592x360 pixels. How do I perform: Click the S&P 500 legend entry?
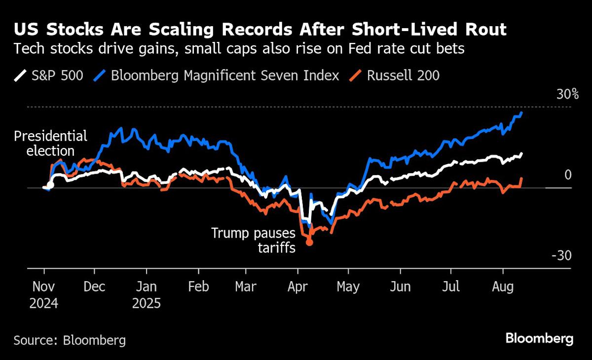[48, 75]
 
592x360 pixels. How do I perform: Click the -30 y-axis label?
[561, 256]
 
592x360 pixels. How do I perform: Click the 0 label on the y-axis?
[567, 175]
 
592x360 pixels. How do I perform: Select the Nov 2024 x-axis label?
[43, 294]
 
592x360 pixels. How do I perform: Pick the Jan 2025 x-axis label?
[146, 294]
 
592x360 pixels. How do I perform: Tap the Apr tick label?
[297, 287]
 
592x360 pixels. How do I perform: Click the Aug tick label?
[503, 287]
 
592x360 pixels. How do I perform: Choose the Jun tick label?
[400, 287]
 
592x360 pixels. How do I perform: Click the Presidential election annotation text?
[50, 143]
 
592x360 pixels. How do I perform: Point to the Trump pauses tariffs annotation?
[254, 240]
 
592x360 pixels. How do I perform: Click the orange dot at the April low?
[309, 242]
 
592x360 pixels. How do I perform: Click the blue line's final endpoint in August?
[522, 113]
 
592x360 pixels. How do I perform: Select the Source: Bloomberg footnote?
[70, 340]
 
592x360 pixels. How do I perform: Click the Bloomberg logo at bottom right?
[539, 339]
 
